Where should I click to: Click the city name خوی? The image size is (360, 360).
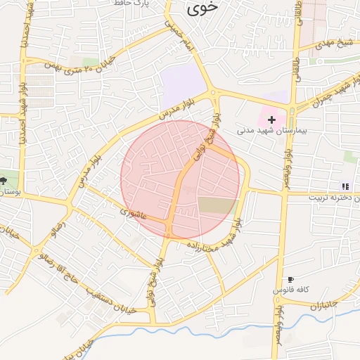point(203,8)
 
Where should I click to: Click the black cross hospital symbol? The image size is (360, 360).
point(272,120)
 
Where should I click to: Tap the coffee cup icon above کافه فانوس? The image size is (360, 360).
point(290,280)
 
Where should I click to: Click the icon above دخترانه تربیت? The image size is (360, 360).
point(345,186)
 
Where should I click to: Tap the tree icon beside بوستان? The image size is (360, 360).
point(5,181)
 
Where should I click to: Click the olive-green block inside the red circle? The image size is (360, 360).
point(217,206)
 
